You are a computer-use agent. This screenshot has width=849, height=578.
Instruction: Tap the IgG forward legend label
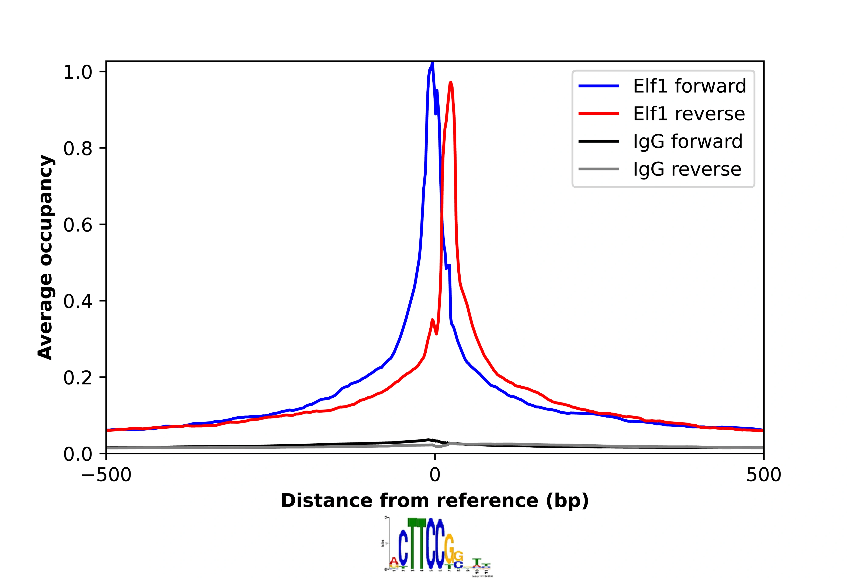click(x=687, y=141)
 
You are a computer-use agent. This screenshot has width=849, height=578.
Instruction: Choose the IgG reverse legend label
click(x=687, y=169)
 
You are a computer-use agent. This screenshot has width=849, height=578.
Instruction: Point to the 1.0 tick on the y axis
click(x=78, y=72)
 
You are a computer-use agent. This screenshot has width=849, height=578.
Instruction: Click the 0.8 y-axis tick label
click(x=78, y=148)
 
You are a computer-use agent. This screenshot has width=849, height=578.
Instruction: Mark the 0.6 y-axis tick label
click(x=78, y=225)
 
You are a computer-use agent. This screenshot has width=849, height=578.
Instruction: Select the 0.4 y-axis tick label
click(x=78, y=301)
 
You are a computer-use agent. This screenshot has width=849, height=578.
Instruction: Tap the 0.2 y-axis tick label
click(x=78, y=378)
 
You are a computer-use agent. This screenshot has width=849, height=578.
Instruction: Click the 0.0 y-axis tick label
click(x=78, y=454)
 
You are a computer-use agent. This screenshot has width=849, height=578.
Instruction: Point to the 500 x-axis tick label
click(x=763, y=475)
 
